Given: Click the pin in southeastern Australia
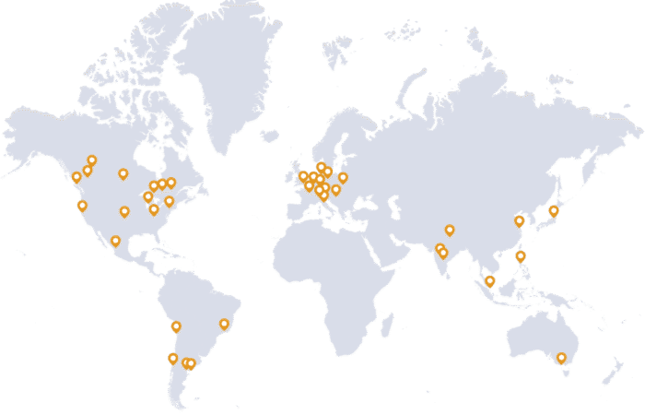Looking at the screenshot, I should point(561,358).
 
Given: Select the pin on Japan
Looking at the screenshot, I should point(554,211).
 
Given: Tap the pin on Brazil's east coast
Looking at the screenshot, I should point(224,324).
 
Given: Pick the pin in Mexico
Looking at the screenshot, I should point(115,242).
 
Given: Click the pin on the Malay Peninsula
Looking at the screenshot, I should point(489,281).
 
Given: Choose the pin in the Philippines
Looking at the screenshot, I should point(521,256).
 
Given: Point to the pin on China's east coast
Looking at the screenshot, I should point(520,221).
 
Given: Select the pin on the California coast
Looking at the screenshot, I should point(82,207).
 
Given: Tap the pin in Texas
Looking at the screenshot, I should point(124,212).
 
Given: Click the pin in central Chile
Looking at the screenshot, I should point(172,359).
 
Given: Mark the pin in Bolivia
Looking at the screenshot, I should point(176,326).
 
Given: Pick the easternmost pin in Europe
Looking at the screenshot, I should point(343,178).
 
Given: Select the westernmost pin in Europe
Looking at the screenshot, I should point(303,176).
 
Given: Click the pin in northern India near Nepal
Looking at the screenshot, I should point(450,231).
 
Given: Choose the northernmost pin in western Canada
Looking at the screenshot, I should point(92,160).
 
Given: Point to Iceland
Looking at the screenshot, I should point(269,135).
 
